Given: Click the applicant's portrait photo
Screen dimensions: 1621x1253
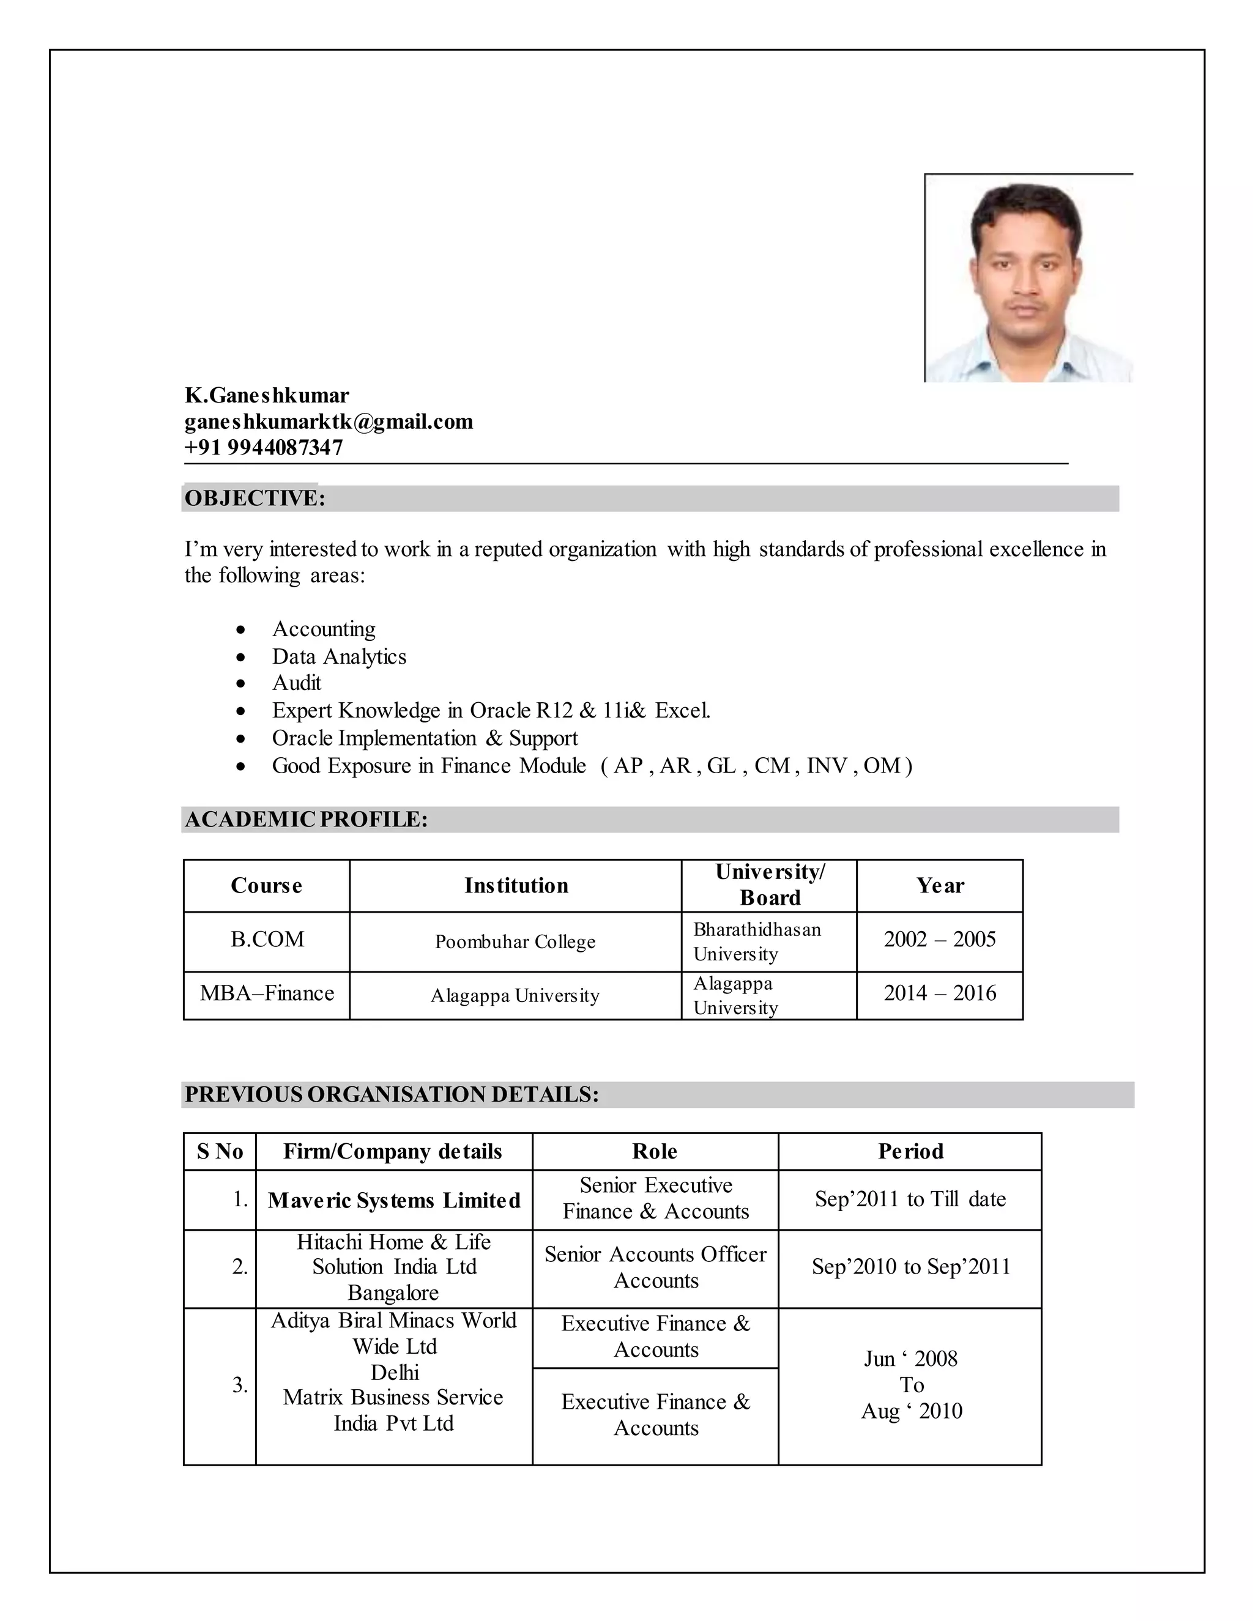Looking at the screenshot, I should click(1028, 278).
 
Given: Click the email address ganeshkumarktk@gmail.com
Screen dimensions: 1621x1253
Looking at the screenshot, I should click(328, 421).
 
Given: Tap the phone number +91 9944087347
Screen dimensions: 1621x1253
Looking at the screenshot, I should click(264, 448).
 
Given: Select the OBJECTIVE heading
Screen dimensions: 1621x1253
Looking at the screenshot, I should click(255, 498).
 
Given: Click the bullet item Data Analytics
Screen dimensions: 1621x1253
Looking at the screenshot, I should click(338, 656).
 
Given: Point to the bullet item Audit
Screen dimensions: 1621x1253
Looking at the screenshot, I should click(296, 683).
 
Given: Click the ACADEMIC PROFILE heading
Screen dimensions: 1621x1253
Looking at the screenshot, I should click(306, 820).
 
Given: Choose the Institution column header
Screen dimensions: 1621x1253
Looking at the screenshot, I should click(516, 886).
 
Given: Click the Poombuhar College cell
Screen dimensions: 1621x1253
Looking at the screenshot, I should click(515, 942).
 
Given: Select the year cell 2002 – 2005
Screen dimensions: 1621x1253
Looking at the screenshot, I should click(939, 940).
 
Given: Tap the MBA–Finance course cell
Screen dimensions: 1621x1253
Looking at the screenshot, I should click(267, 994).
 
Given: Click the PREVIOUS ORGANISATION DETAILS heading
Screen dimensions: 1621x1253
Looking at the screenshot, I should click(391, 1095).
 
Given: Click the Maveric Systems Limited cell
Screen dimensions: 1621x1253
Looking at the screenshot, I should click(394, 1201).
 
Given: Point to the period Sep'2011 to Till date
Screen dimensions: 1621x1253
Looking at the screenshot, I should click(910, 1200).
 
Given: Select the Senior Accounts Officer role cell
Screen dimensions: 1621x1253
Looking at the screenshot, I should click(655, 1267).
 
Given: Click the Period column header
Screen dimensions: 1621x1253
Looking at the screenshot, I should click(910, 1151).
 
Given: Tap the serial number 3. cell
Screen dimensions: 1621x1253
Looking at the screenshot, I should click(239, 1385).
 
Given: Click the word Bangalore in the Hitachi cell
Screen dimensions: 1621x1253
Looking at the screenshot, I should click(393, 1293).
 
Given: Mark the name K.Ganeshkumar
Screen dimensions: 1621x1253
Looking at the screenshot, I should click(267, 395).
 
